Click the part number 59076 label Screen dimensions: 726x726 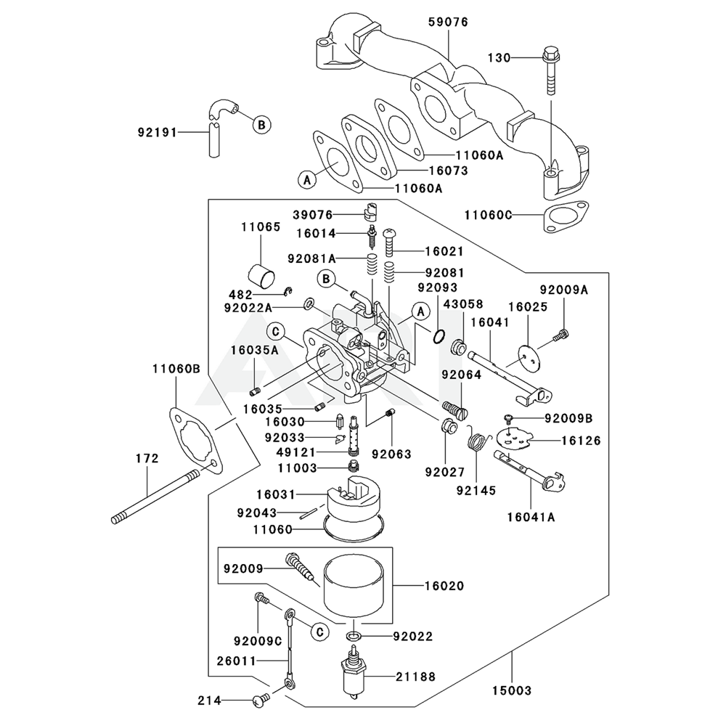449,22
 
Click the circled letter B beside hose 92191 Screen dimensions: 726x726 260,124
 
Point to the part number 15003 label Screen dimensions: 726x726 513,690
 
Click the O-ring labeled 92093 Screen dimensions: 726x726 438,336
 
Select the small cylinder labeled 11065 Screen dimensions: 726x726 262,276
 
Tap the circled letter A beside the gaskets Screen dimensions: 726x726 307,179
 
